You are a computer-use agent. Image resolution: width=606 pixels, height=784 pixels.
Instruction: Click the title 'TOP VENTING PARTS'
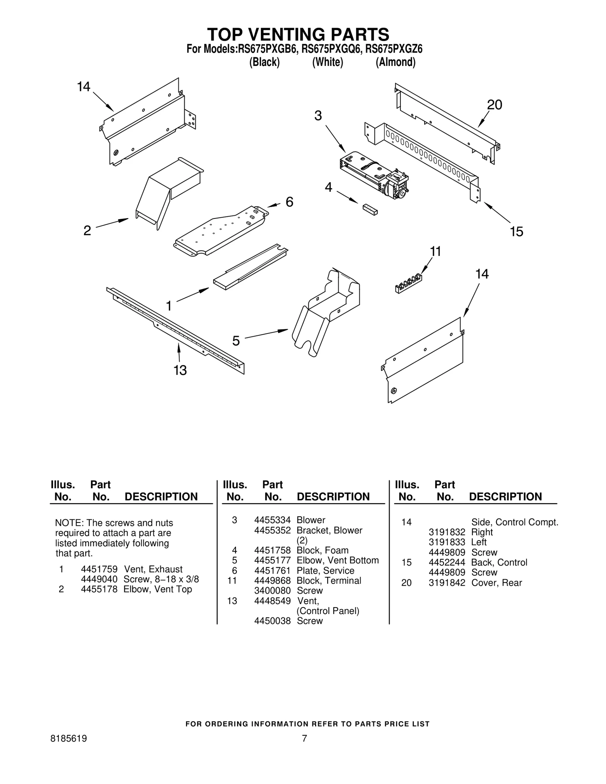tap(298, 34)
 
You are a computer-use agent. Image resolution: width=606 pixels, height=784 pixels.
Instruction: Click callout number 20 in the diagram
tap(494, 105)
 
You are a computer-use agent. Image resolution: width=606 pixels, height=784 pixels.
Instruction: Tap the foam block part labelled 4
tap(370, 209)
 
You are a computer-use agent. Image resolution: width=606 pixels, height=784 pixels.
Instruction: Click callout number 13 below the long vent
tap(180, 370)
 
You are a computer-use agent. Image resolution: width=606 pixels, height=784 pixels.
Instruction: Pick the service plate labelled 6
tap(222, 231)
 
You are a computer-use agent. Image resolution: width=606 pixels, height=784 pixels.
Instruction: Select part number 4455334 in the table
tap(272, 520)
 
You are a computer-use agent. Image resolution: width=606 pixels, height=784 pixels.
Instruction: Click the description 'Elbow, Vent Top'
tap(158, 589)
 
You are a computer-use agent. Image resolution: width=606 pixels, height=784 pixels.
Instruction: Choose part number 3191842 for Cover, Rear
tap(447, 583)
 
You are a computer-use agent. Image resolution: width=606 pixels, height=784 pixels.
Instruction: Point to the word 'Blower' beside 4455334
tap(311, 520)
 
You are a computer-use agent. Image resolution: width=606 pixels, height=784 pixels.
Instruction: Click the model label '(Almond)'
tap(395, 62)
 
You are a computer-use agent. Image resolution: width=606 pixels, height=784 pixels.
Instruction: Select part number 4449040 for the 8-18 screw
tap(99, 579)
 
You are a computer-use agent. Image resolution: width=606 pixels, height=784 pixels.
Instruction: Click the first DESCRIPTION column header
tap(161, 497)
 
